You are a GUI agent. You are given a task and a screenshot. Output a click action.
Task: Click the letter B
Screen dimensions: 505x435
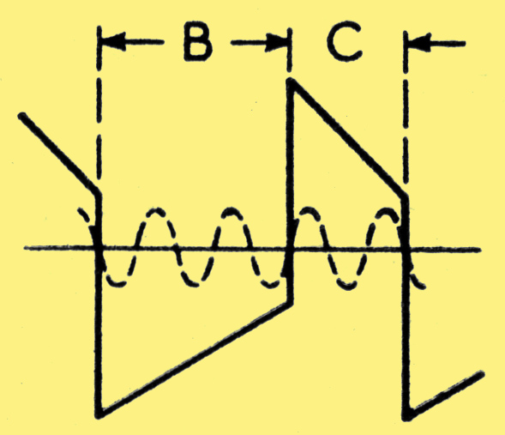click(198, 43)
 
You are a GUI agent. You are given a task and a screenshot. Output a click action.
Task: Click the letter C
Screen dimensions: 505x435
click(345, 43)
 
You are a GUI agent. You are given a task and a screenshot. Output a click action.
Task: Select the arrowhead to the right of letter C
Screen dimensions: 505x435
click(419, 43)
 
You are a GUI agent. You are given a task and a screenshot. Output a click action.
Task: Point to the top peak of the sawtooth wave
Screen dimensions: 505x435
click(290, 81)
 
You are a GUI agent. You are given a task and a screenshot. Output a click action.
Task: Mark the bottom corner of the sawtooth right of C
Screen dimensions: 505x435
click(407, 415)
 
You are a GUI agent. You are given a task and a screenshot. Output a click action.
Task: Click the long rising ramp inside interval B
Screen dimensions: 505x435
click(195, 359)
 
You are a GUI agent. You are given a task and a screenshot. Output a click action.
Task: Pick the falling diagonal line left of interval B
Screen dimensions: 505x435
click(59, 154)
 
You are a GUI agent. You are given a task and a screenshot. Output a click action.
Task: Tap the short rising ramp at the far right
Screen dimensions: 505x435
click(445, 395)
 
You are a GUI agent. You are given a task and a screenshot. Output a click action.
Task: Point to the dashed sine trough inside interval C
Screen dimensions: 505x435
click(347, 286)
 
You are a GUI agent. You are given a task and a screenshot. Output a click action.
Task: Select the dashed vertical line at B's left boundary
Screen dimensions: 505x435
click(99, 103)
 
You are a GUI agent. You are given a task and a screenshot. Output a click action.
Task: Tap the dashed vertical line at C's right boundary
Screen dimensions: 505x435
click(406, 106)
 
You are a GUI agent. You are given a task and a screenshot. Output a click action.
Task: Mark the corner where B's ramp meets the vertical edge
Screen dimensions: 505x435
click(291, 303)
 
